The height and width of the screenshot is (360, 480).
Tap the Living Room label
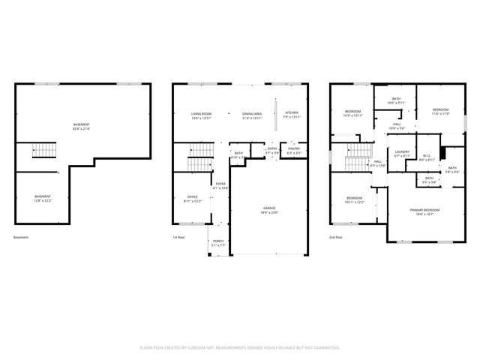[x=201, y=113]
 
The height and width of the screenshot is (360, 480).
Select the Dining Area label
[x=251, y=113]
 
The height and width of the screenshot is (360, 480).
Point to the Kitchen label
[x=292, y=113]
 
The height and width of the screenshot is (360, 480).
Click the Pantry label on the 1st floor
[x=294, y=148]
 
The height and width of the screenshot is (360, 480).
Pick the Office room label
[x=193, y=197]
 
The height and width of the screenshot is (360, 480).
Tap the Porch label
[x=217, y=241]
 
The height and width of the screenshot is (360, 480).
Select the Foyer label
[x=220, y=184]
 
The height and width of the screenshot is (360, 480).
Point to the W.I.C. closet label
[x=426, y=156]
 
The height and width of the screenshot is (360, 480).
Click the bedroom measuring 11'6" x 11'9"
[x=440, y=111]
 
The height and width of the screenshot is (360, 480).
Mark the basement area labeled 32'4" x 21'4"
[x=81, y=124]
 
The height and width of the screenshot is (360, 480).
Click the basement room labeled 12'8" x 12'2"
[x=43, y=196]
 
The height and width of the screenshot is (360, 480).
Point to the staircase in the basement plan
[x=44, y=152]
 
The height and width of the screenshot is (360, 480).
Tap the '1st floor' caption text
[x=178, y=238]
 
